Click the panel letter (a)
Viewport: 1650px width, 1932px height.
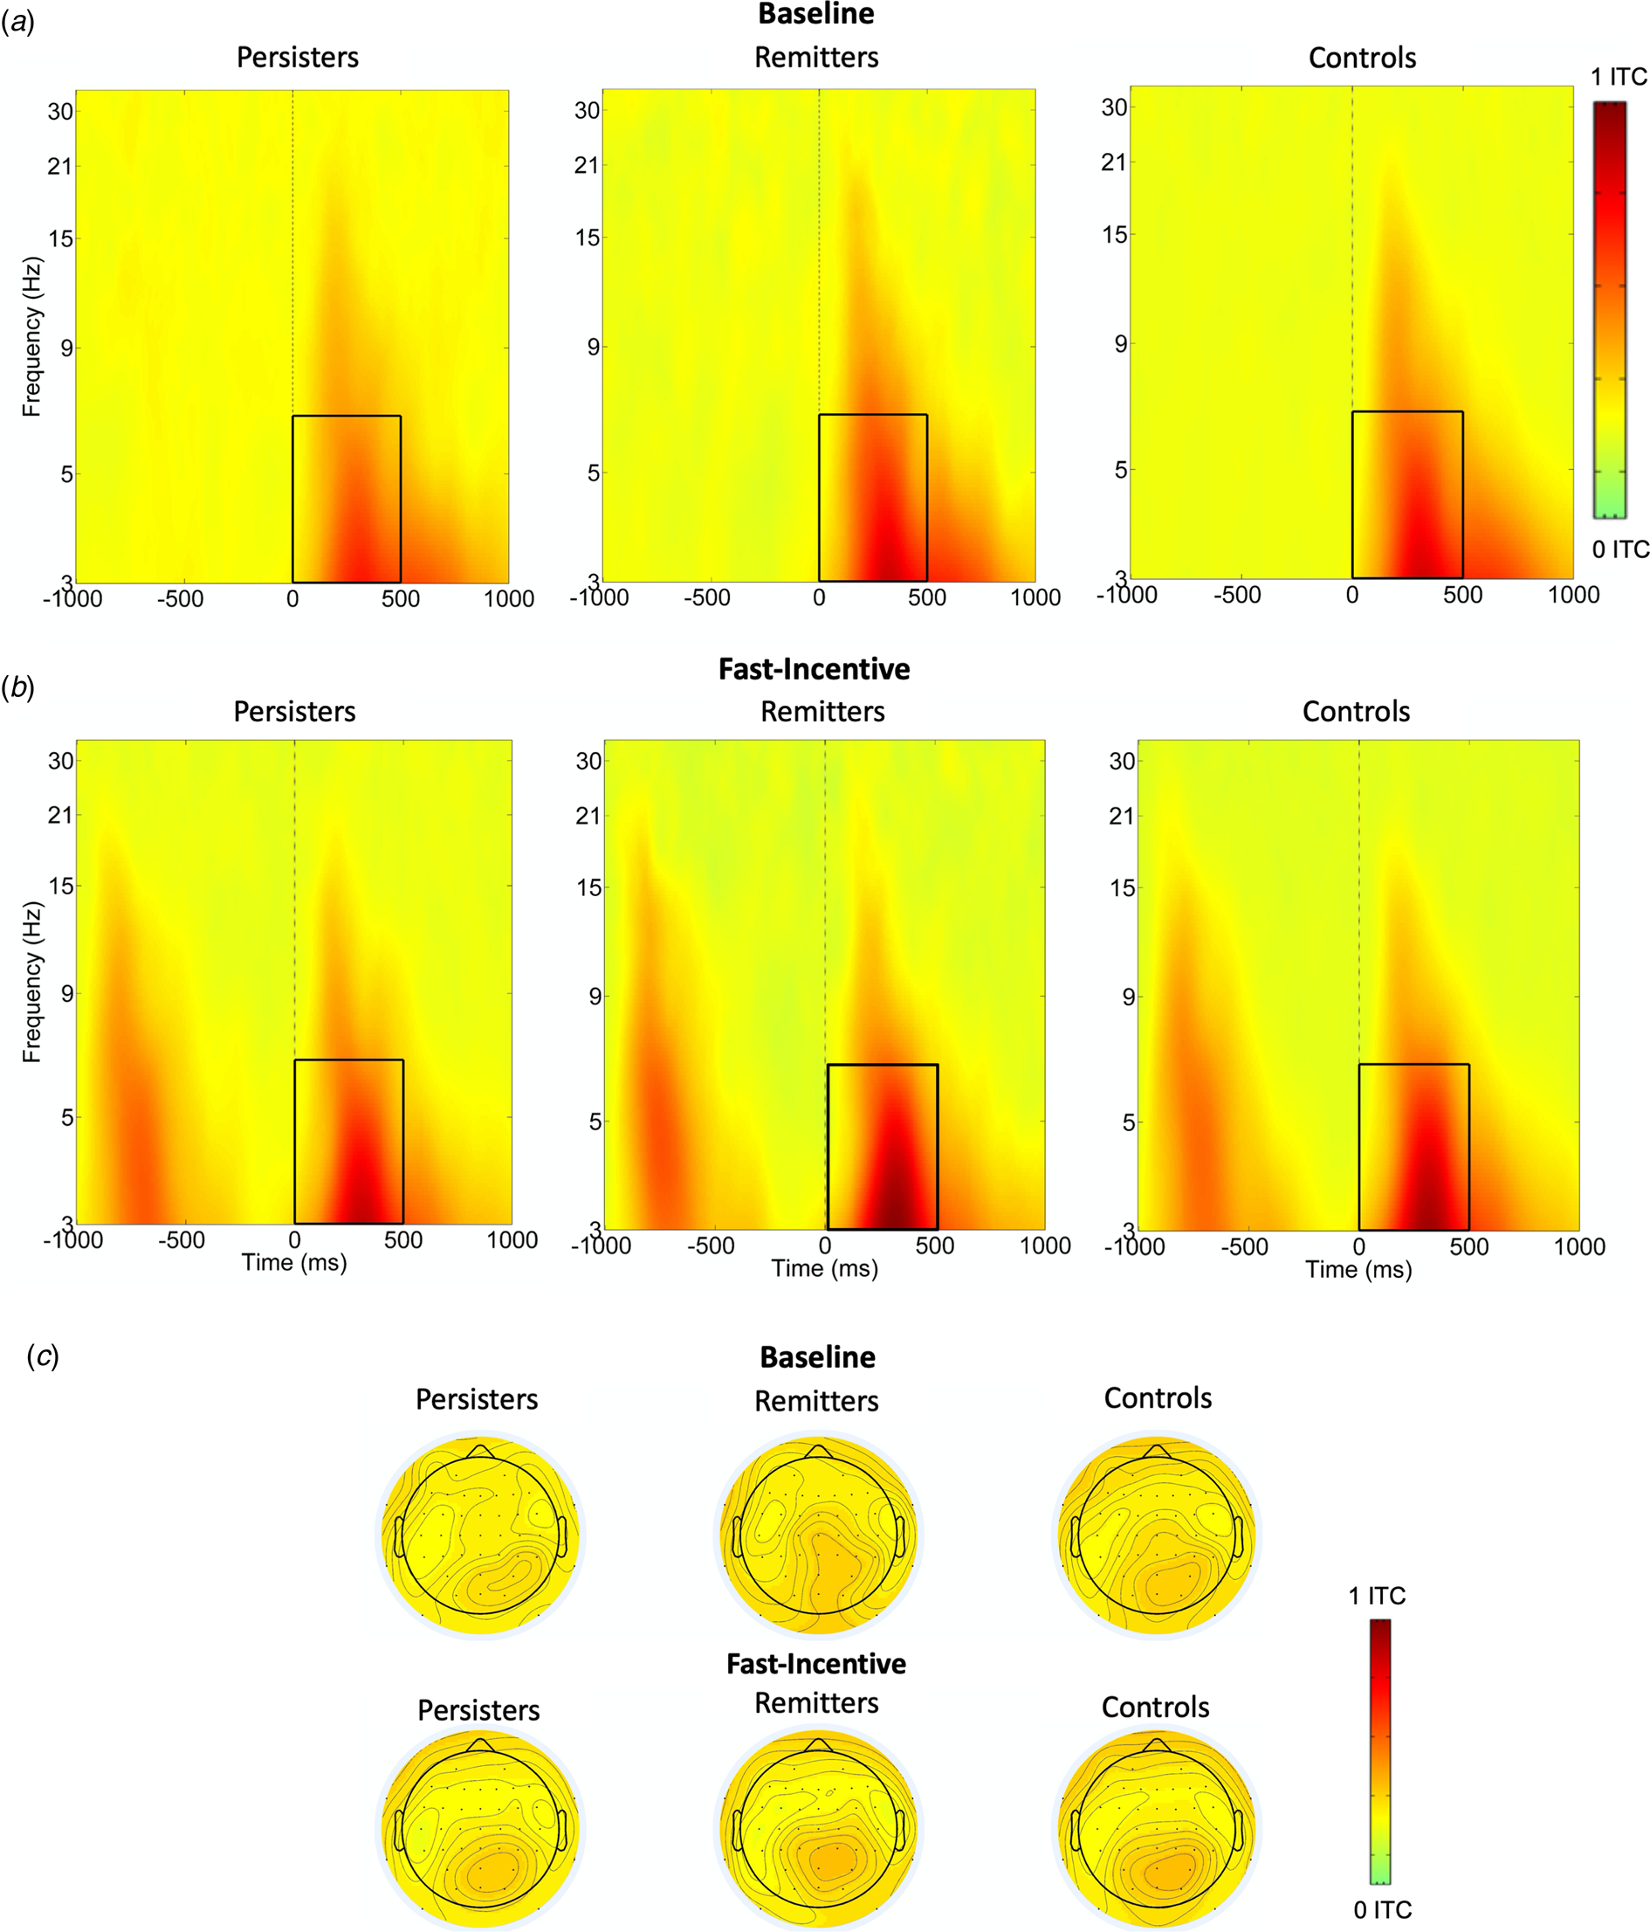click(17, 23)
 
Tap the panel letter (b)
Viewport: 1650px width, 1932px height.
click(17, 687)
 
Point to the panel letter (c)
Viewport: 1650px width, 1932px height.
click(43, 1356)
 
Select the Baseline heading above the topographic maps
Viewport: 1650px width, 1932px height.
click(817, 1356)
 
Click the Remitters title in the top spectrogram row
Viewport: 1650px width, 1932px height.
click(816, 57)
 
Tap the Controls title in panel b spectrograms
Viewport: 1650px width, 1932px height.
click(1356, 712)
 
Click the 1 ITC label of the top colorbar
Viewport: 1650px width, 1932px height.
click(1619, 77)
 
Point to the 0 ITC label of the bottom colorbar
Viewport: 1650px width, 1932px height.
click(1383, 1909)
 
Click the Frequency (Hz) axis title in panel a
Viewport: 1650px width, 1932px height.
click(32, 335)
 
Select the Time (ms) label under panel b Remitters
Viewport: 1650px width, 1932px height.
click(825, 1268)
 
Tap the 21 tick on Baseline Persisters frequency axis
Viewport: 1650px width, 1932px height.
click(60, 166)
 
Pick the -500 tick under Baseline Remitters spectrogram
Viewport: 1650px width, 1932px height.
click(706, 597)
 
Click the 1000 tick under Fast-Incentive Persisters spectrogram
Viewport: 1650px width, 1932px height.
click(512, 1240)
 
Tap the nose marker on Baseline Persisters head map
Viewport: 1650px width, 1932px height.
click(480, 1451)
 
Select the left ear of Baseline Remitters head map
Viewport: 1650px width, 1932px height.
click(737, 1535)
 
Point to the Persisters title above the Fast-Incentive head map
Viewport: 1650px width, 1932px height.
click(478, 1710)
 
